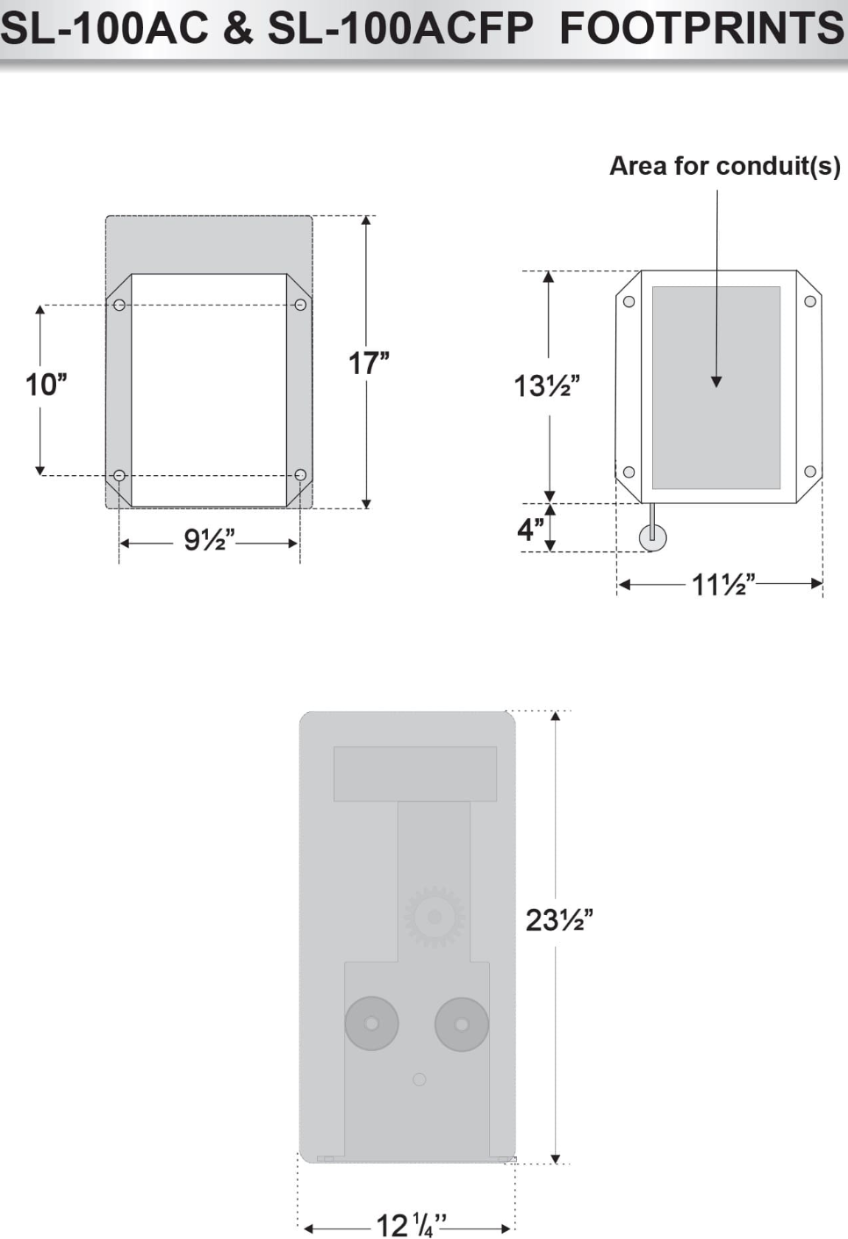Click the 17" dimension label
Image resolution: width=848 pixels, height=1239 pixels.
tap(369, 364)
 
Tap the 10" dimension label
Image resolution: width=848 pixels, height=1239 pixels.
tap(46, 385)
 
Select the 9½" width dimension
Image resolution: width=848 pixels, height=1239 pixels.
tap(210, 540)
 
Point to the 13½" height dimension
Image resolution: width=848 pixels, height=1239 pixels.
tap(547, 385)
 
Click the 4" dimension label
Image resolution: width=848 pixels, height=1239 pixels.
tap(531, 529)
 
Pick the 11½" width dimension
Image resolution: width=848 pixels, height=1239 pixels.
tap(723, 585)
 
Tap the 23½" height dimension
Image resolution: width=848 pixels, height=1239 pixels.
tap(559, 920)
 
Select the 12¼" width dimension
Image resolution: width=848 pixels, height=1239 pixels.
tap(412, 1225)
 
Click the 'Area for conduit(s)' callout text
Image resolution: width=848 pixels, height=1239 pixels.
tap(725, 166)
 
